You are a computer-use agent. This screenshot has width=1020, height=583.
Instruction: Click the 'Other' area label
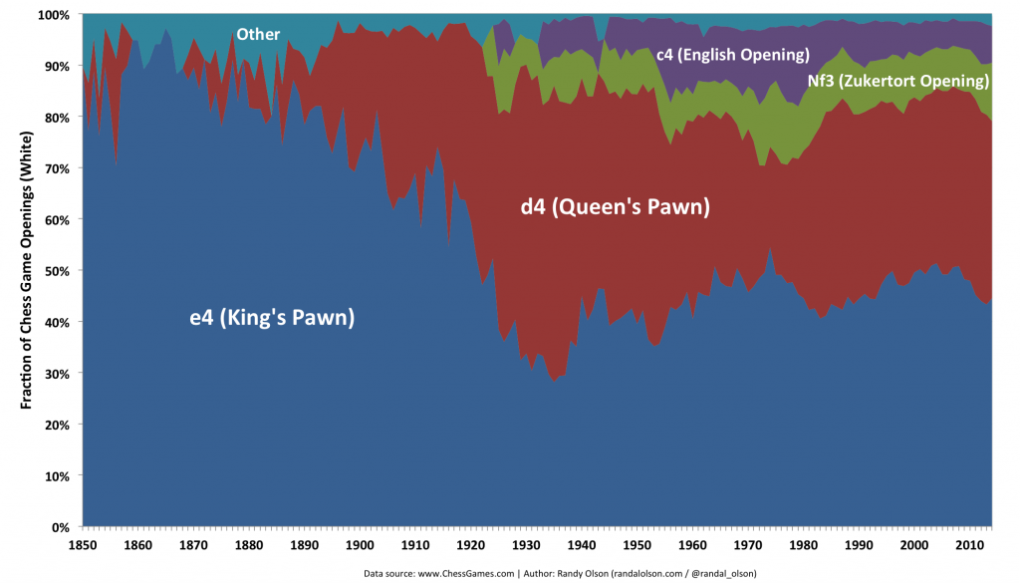[258, 35]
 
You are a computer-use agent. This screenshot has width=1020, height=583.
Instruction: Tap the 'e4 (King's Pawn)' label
[272, 319]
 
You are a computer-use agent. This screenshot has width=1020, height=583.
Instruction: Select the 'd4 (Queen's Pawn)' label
[615, 207]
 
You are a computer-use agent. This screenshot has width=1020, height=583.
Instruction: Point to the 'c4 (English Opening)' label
[732, 54]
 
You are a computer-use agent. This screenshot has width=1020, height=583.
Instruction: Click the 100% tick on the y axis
[52, 15]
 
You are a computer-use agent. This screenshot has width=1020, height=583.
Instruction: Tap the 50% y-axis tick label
[55, 271]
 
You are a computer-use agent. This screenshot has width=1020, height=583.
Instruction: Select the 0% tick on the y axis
[59, 526]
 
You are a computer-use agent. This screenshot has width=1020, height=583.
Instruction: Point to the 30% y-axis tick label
[55, 373]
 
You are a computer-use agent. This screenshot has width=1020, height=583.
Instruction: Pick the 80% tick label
[55, 118]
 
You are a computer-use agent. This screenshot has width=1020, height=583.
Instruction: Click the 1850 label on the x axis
[83, 544]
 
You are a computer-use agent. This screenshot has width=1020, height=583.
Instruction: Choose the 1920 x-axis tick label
[466, 544]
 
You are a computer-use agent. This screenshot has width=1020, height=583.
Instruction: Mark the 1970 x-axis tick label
[742, 544]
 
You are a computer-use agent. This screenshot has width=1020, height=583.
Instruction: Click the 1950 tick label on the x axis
[632, 544]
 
